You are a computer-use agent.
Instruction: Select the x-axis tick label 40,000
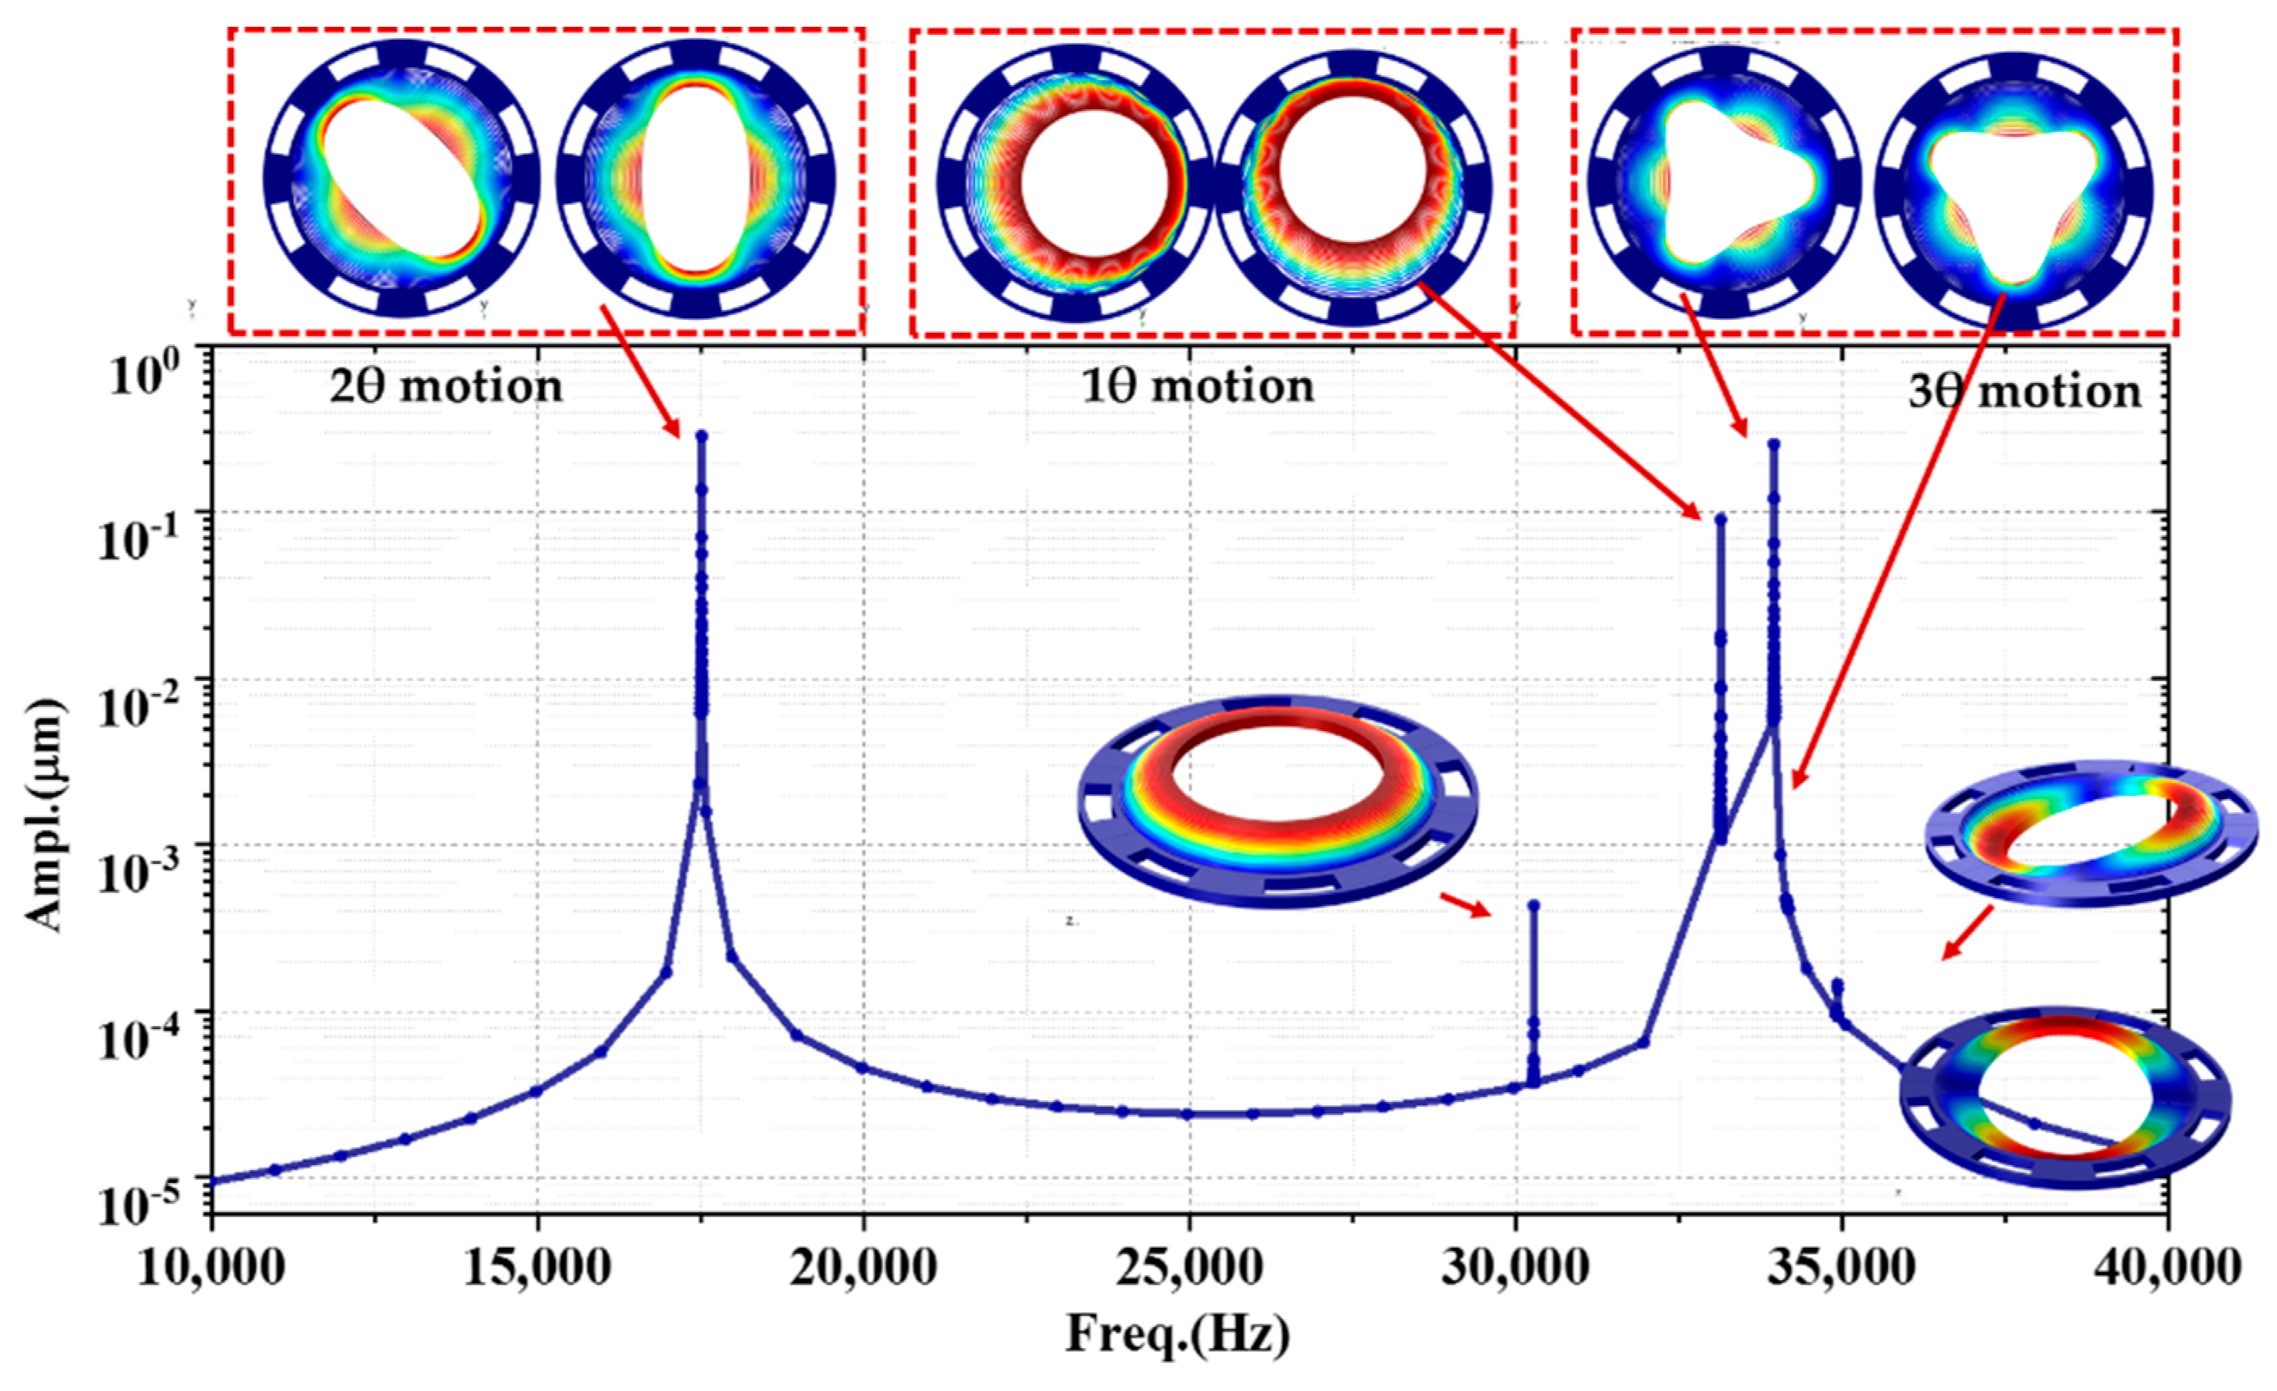[2166, 1267]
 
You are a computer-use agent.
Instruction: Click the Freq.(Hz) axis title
[1179, 1334]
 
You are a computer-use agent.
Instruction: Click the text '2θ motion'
[446, 386]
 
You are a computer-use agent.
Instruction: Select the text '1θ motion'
[1198, 385]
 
